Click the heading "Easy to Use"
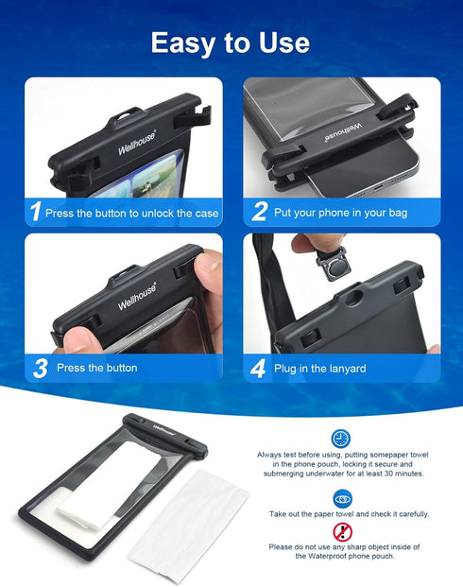coord(231,43)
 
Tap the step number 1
coord(35,212)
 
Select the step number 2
coord(259,212)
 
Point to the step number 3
coord(40,368)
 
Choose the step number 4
coord(259,368)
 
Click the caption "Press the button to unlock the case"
coord(131,213)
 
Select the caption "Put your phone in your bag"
coord(340,213)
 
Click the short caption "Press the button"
coord(96,368)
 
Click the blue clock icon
coord(340,439)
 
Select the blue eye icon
coord(340,497)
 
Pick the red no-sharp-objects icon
coord(340,531)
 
